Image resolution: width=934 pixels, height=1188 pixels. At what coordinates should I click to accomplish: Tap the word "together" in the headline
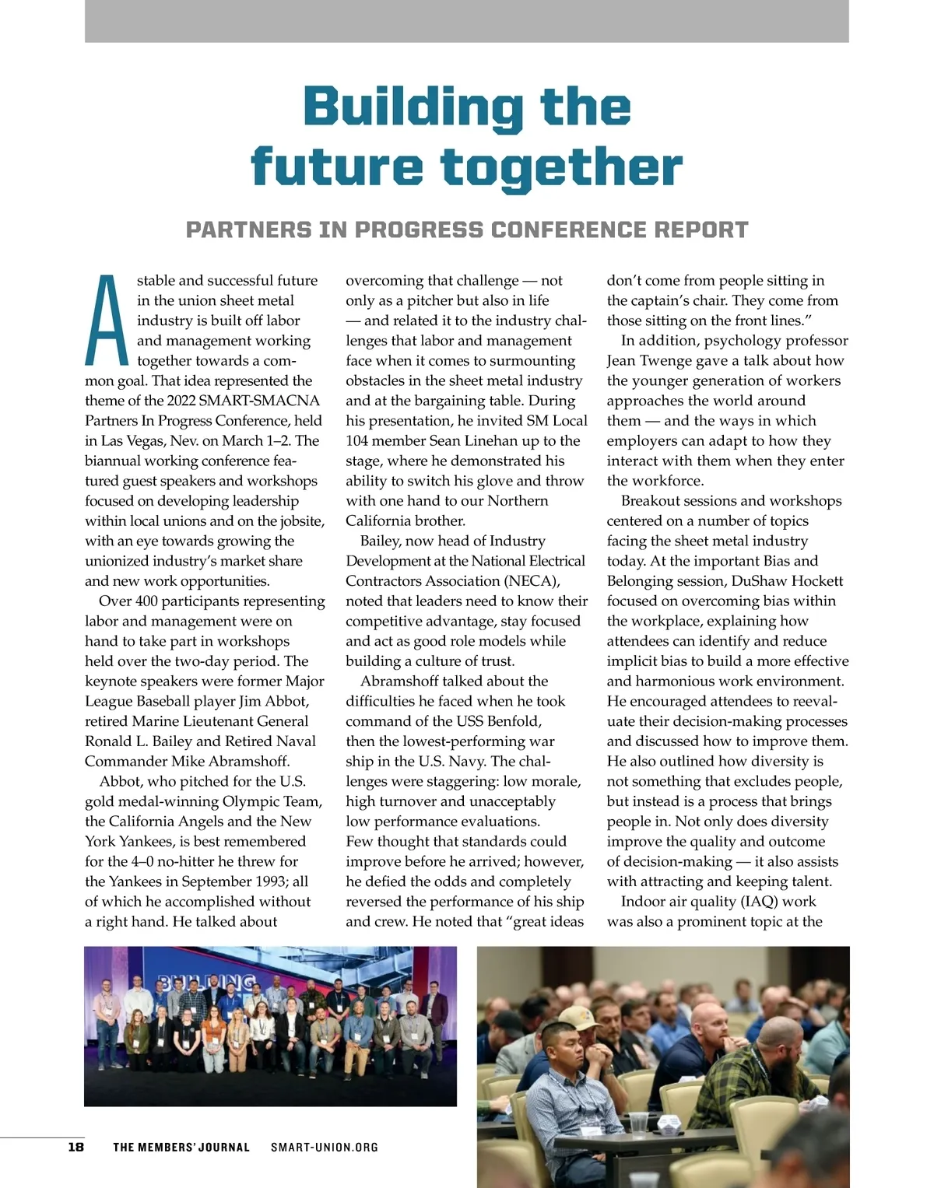click(561, 168)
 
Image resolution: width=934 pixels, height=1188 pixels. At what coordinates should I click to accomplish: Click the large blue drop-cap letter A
click(107, 320)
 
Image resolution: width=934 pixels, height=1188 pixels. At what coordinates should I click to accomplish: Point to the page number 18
click(75, 1147)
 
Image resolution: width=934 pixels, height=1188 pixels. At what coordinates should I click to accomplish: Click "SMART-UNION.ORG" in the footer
click(325, 1147)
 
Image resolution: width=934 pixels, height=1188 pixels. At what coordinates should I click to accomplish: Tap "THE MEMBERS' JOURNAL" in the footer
click(181, 1147)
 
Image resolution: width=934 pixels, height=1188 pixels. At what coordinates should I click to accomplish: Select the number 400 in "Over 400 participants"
click(146, 601)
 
